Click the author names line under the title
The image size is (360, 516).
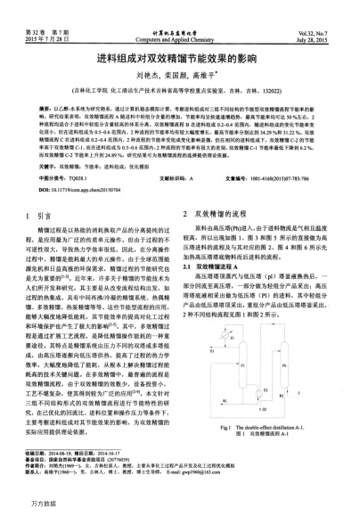(180, 78)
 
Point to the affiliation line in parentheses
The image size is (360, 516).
(180, 91)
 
